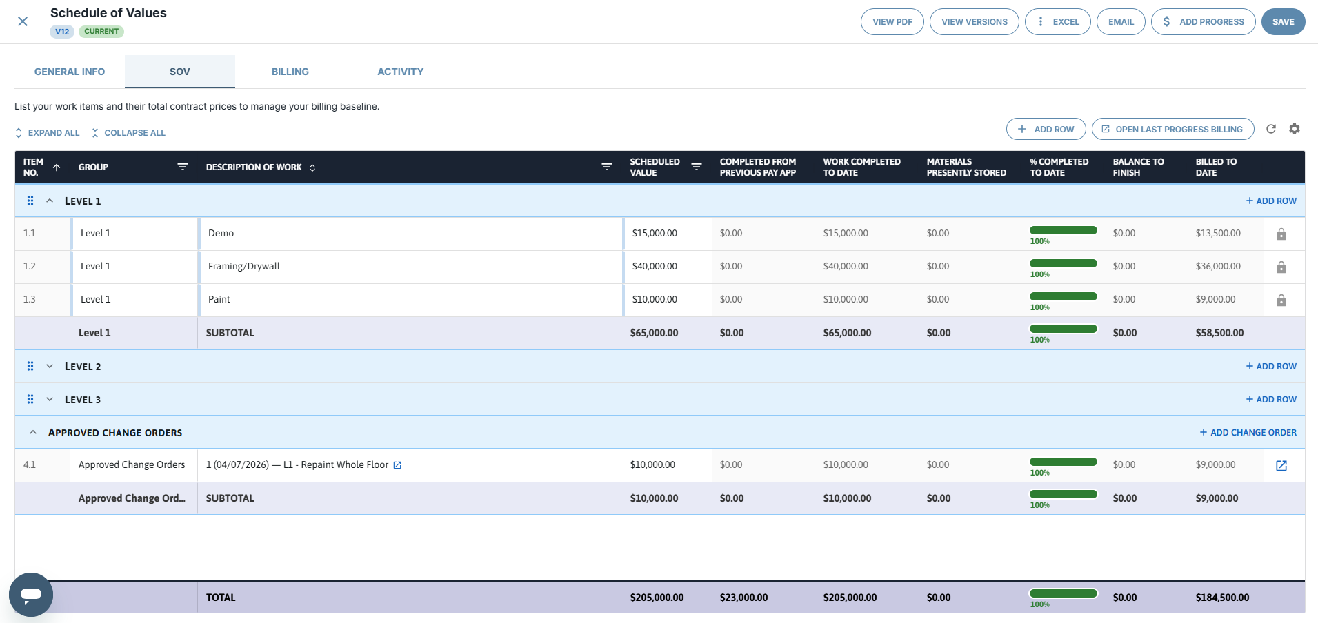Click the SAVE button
coord(1283,21)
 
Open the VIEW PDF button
coord(892,21)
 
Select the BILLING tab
coord(290,72)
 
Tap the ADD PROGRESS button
coord(1204,21)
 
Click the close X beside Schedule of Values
coord(23,21)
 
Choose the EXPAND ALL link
coord(48,132)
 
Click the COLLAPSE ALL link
coord(129,132)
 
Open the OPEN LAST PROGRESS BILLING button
coord(1173,129)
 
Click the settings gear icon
coord(1295,129)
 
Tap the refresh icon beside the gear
coord(1271,129)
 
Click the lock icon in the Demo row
coord(1281,234)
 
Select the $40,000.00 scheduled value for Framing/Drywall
coord(655,266)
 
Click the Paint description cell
coord(411,300)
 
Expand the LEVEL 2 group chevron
coord(50,366)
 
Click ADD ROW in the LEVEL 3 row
coord(1271,399)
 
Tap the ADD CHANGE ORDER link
coord(1248,432)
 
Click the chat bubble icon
coord(31,594)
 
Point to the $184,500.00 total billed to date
coord(1222,598)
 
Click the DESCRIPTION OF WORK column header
coord(254,167)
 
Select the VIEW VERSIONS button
coord(975,21)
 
